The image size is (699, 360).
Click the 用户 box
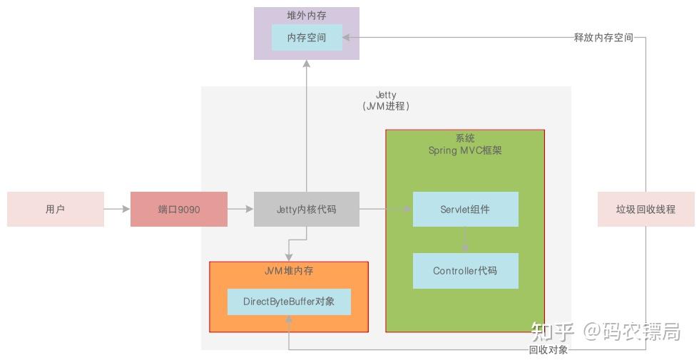56,210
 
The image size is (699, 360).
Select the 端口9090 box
179,210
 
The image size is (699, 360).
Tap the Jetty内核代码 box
307,210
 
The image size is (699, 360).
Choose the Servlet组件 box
465,210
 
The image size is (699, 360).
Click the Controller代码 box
465,271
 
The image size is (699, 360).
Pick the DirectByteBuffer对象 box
289,302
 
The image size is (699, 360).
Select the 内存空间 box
307,37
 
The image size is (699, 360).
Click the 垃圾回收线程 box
646,210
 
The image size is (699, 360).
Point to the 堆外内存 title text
307,15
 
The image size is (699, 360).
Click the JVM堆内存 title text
289,271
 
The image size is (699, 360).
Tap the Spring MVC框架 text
465,150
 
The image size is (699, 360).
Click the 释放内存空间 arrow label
603,37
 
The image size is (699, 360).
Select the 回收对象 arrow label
549,349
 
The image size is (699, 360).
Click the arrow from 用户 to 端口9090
117,210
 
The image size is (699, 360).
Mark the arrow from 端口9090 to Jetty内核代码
240,210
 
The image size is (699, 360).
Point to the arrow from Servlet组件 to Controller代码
465,240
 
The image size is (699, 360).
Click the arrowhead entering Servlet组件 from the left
409,210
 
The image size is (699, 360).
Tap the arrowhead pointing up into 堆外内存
307,64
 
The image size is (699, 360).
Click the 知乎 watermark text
552,331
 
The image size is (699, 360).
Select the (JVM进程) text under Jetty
386,106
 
